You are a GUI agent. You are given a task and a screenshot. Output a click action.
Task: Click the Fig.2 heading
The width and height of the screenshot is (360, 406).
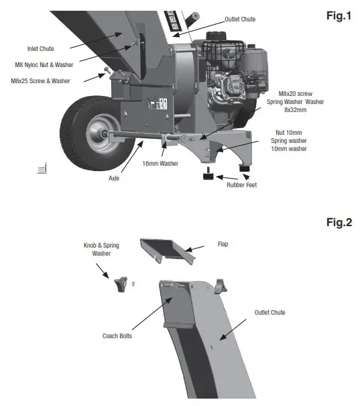pyautogui.click(x=338, y=222)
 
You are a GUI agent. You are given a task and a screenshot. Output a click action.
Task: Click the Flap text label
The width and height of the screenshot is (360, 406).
pyautogui.click(x=223, y=244)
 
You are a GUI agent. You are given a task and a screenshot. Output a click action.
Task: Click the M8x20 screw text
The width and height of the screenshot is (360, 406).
pyautogui.click(x=296, y=94)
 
